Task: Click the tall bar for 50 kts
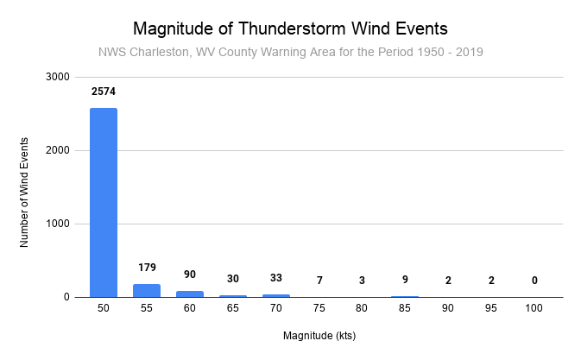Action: (104, 203)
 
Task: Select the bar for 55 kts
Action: (147, 291)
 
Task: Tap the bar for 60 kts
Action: (190, 294)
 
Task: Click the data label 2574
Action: (104, 92)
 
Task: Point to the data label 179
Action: (147, 268)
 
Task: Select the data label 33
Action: (276, 278)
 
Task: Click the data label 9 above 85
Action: (405, 279)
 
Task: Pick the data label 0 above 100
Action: (534, 281)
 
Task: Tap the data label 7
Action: (319, 281)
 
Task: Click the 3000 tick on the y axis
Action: (58, 77)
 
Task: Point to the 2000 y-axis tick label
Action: (58, 150)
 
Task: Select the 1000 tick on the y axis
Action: (58, 224)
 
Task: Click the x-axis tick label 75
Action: (319, 308)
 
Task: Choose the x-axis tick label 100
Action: (534, 308)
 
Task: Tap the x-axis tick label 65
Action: (233, 308)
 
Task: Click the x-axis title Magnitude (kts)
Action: (319, 336)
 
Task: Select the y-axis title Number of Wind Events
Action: (23, 193)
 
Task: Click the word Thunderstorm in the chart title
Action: (292, 28)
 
